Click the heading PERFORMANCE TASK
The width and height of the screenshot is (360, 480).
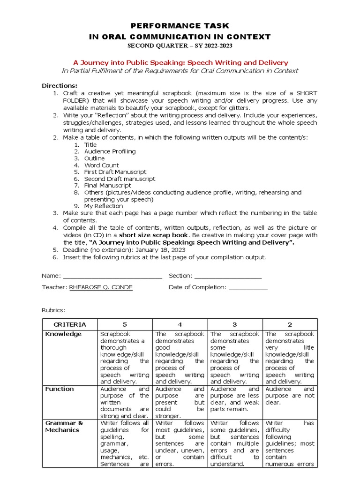pyautogui.click(x=180, y=26)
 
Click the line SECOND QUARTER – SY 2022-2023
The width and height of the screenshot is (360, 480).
pyautogui.click(x=180, y=45)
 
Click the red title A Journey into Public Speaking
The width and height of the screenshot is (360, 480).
pyautogui.click(x=180, y=62)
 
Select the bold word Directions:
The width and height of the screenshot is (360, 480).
pyautogui.click(x=60, y=86)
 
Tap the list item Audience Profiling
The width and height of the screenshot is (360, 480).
pyautogui.click(x=110, y=151)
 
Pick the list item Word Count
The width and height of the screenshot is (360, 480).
pyautogui.click(x=101, y=165)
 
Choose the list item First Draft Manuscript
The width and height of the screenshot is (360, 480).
pyautogui.click(x=115, y=172)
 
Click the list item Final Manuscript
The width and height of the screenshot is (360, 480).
pyautogui.click(x=108, y=186)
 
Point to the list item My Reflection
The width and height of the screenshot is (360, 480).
pyautogui.click(x=104, y=206)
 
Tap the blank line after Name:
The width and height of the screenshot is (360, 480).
pyautogui.click(x=112, y=276)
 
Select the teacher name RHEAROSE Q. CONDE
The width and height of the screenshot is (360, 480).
pyautogui.click(x=101, y=287)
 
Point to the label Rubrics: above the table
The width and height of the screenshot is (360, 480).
pyautogui.click(x=53, y=310)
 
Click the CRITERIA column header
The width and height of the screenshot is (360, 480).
pyautogui.click(x=70, y=324)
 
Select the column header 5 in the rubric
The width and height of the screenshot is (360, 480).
pyautogui.click(x=125, y=324)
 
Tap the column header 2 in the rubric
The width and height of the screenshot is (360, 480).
pyautogui.click(x=290, y=324)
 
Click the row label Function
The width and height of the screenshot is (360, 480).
pyautogui.click(x=60, y=389)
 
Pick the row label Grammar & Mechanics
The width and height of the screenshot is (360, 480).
pyautogui.click(x=64, y=427)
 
